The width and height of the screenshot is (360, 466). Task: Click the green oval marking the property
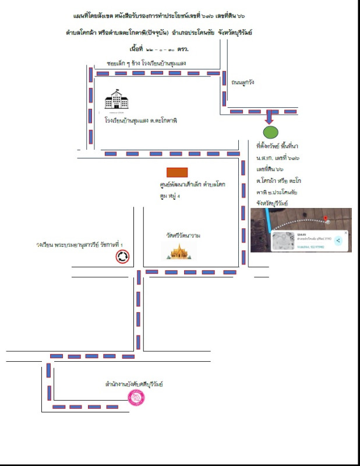click(269, 131)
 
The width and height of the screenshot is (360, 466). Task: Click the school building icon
click(117, 101)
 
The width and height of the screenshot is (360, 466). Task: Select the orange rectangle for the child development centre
click(177, 172)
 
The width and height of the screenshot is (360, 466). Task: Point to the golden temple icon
click(179, 251)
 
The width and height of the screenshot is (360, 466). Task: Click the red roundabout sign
click(122, 256)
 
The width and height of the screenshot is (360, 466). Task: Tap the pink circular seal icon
click(136, 398)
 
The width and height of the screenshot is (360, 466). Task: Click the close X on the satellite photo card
click(345, 233)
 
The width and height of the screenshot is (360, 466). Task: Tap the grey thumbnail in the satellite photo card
click(285, 241)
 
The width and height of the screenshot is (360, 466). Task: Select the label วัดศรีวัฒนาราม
click(182, 236)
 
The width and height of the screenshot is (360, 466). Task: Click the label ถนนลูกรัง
click(243, 82)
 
